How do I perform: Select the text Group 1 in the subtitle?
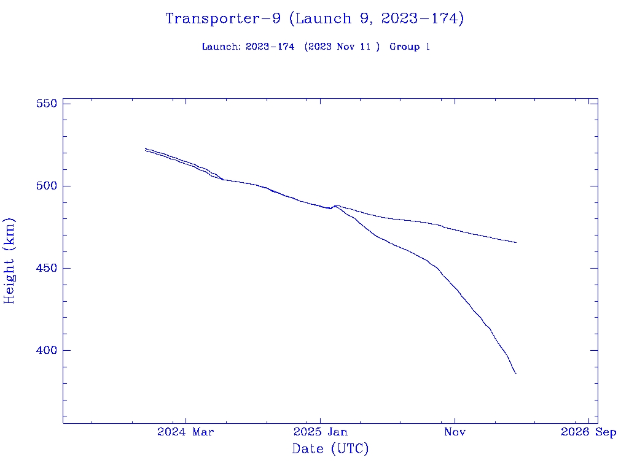(410, 47)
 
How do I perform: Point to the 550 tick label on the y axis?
(47, 104)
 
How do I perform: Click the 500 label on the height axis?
(47, 186)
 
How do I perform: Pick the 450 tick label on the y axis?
(47, 268)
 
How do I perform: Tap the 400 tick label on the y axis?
(47, 350)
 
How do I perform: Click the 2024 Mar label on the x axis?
(186, 432)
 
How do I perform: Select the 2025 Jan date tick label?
(320, 432)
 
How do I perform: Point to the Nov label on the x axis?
(455, 432)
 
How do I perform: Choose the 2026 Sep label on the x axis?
(588, 432)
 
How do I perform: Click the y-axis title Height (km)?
(10, 261)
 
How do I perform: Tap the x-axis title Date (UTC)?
(330, 450)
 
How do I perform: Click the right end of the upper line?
(516, 242)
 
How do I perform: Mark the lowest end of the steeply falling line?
(516, 373)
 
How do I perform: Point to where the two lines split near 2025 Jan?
(335, 205)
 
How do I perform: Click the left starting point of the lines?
(146, 149)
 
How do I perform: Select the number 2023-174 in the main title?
(419, 18)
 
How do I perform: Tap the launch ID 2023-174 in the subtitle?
(270, 47)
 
